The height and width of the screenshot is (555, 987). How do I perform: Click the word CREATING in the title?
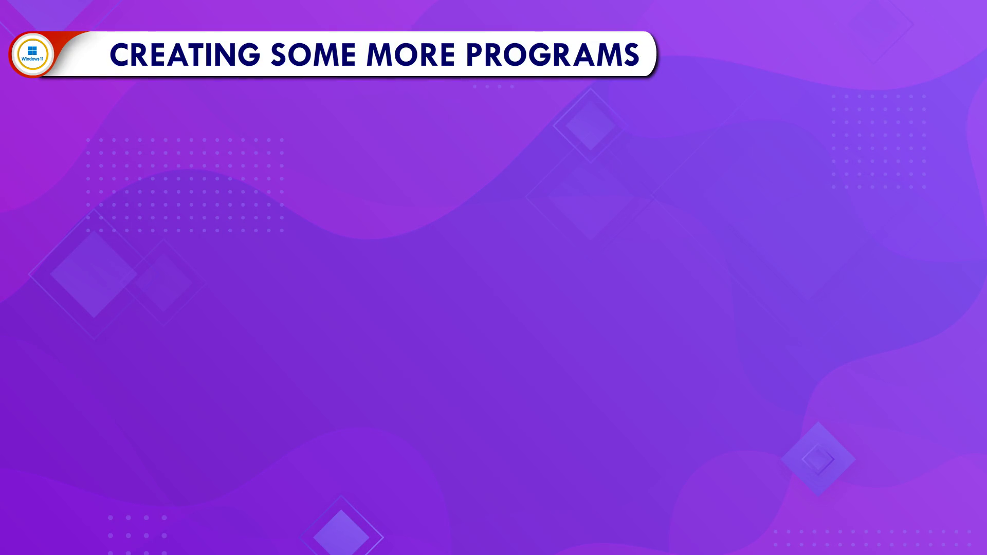(185, 54)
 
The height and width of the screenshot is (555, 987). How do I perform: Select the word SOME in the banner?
(313, 54)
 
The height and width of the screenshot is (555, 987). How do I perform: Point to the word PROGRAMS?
(553, 54)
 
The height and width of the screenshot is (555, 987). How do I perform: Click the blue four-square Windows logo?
(32, 50)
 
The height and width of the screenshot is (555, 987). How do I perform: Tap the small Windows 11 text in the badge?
(32, 59)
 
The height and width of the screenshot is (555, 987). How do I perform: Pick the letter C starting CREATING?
(120, 54)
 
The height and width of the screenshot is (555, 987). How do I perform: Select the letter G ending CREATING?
(249, 54)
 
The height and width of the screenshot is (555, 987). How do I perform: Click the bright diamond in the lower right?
(818, 459)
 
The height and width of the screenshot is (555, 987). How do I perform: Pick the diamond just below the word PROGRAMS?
(590, 125)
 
